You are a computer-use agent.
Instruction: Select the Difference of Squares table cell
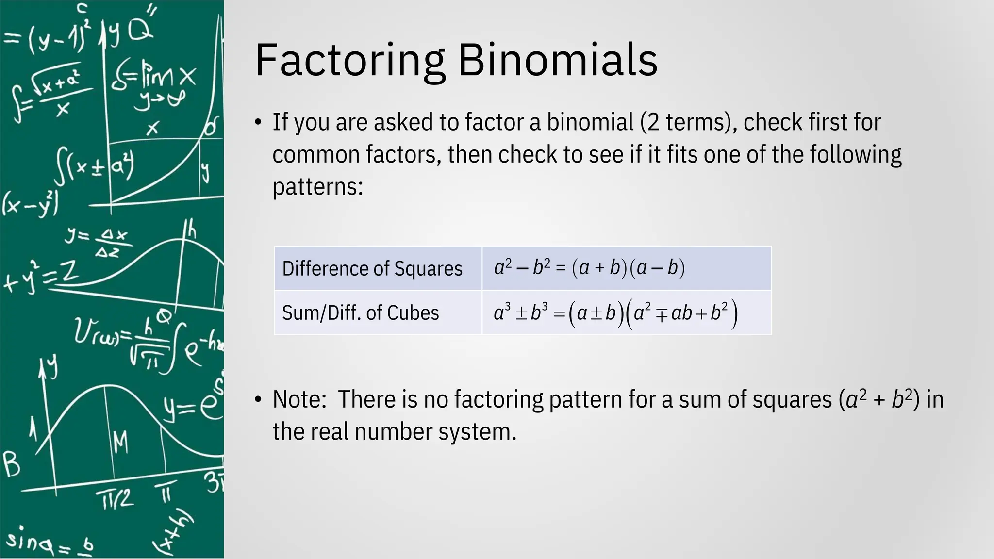coord(372,269)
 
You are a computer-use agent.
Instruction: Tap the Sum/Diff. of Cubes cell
coord(361,313)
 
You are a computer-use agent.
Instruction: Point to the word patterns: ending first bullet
coord(318,187)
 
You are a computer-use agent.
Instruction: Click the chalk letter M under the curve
coord(121,442)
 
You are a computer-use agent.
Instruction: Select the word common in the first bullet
coord(316,155)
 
